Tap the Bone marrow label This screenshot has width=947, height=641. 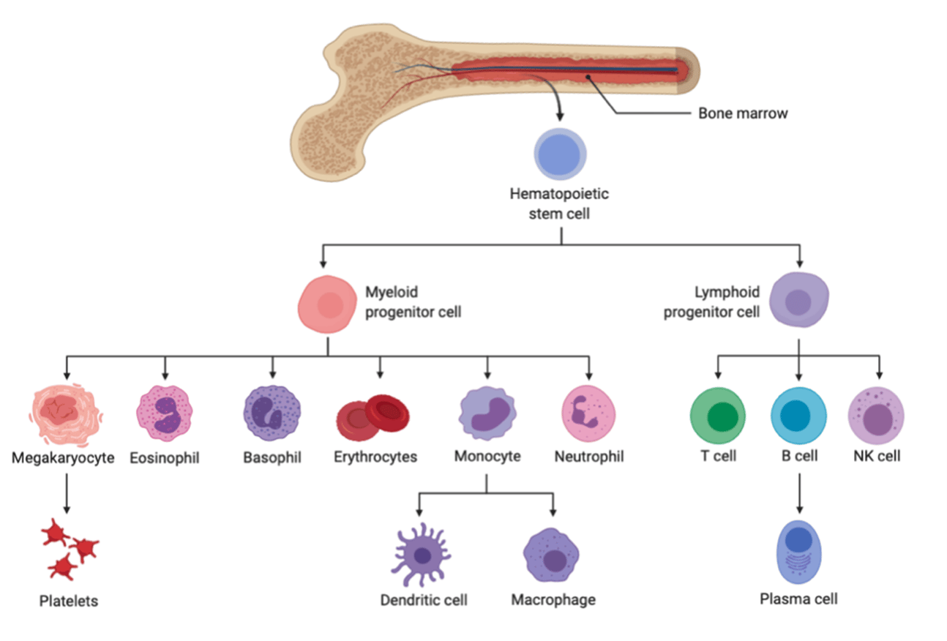(x=742, y=113)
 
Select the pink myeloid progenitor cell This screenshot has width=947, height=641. (x=327, y=305)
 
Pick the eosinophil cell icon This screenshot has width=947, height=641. (x=165, y=412)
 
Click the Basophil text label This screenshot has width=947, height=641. (x=272, y=457)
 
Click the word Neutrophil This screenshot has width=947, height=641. (x=589, y=457)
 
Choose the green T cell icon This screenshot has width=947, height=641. (x=718, y=416)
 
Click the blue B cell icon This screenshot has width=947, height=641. (x=798, y=416)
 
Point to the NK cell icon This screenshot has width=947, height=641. (x=876, y=416)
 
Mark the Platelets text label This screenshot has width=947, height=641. (x=68, y=601)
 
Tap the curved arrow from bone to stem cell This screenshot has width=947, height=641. (x=556, y=102)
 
